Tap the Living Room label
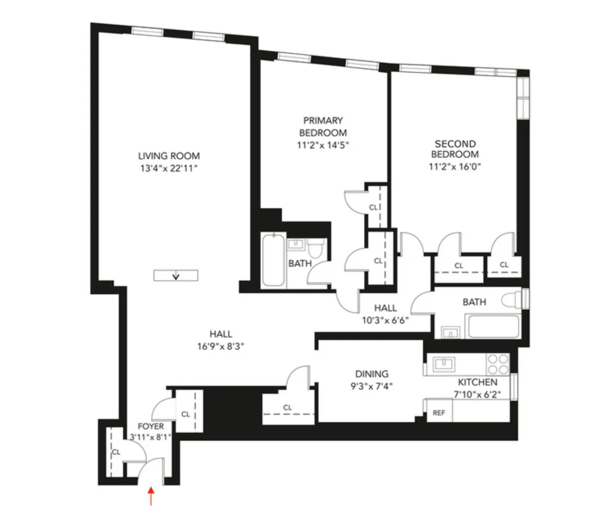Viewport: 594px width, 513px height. point(169,156)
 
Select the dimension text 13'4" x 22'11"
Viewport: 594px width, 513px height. point(169,168)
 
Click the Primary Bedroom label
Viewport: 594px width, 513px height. point(323,127)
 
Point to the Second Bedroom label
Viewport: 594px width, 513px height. point(454,149)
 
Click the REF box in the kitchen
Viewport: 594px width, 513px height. point(439,413)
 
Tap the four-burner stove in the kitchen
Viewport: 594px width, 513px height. point(498,364)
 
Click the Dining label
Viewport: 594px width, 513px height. point(371,374)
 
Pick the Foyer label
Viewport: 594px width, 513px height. point(150,426)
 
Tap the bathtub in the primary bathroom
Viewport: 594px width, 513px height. point(273,260)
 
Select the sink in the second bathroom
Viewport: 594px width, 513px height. point(450,332)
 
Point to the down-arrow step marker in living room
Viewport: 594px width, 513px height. point(175,276)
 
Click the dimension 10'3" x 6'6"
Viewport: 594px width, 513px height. point(385,320)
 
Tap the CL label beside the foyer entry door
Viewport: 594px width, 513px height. point(116,452)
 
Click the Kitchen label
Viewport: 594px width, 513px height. point(477,382)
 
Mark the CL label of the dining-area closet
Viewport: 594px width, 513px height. point(288,408)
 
